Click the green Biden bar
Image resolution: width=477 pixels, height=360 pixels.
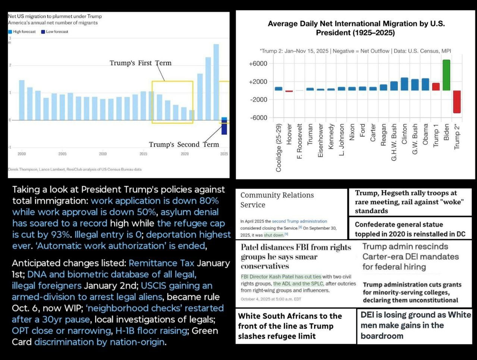446,75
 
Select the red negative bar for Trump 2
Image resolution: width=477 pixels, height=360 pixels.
456,101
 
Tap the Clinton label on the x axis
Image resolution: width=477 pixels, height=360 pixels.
404,134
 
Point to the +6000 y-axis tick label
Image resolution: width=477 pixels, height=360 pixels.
258,63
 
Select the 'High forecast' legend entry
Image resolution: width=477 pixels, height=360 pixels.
22,32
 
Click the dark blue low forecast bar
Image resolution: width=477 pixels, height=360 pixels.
224,126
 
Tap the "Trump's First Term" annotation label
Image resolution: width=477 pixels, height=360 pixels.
141,63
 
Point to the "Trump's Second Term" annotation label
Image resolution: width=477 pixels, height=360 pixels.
184,144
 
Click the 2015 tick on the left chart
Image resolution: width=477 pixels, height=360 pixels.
143,154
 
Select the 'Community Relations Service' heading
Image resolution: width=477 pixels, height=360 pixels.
277,200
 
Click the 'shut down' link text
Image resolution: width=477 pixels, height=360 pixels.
274,235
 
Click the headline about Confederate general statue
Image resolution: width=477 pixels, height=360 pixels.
410,229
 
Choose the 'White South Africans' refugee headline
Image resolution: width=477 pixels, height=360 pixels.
290,326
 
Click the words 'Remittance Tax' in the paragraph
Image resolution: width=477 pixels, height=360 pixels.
161,263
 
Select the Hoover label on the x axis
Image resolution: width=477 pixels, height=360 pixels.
289,134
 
